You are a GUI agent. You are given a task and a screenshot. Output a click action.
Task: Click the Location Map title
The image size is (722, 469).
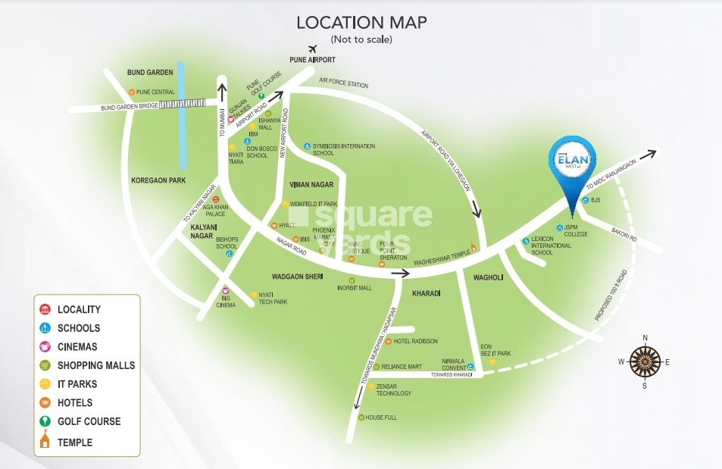361,22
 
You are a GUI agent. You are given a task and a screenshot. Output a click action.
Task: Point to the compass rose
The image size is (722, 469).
645,361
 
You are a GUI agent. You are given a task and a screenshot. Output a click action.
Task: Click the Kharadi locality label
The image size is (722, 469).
427,292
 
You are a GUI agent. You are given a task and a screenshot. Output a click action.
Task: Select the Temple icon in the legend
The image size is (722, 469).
45,441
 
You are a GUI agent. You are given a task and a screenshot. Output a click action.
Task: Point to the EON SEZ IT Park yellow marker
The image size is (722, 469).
492,363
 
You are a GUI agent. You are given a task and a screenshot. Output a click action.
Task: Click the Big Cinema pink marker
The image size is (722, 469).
225,290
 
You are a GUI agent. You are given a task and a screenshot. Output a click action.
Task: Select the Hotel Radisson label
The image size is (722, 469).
415,342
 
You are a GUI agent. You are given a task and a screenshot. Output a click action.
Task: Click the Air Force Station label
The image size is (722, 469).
343,83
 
